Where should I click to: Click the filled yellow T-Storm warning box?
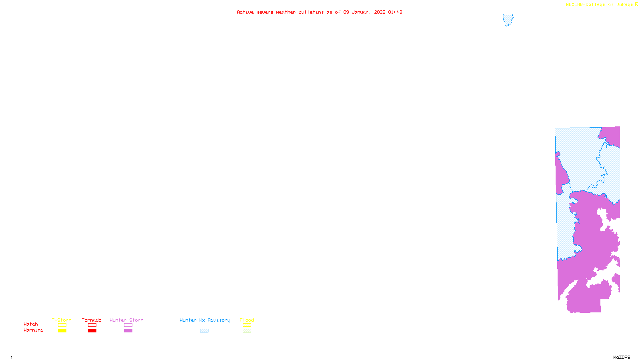pyautogui.click(x=62, y=331)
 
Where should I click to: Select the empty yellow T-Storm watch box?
pyautogui.click(x=62, y=325)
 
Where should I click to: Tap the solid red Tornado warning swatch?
pyautogui.click(x=92, y=331)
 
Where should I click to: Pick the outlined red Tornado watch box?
pyautogui.click(x=92, y=325)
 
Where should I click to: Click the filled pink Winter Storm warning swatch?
pyautogui.click(x=128, y=331)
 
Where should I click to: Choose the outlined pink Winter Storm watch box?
pyautogui.click(x=128, y=325)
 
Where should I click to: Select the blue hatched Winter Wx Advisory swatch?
pyautogui.click(x=204, y=331)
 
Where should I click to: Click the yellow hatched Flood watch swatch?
pyautogui.click(x=247, y=325)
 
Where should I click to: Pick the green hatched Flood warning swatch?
pyautogui.click(x=247, y=331)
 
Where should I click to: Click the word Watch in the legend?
pyautogui.click(x=31, y=324)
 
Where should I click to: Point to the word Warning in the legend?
pyautogui.click(x=33, y=330)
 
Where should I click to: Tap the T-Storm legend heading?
pyautogui.click(x=62, y=320)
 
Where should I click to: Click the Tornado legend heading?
pyautogui.click(x=92, y=320)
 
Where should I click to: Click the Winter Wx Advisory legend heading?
pyautogui.click(x=205, y=320)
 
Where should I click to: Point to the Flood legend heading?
pyautogui.click(x=247, y=320)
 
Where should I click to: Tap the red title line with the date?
pyautogui.click(x=319, y=12)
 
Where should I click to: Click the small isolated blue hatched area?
pyautogui.click(x=508, y=20)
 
